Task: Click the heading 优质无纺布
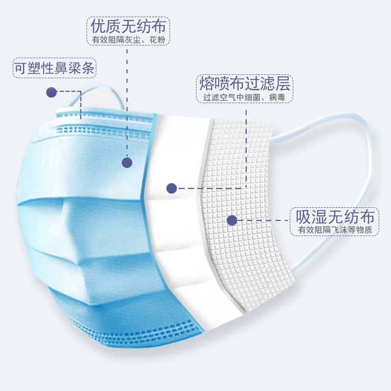tap(128, 26)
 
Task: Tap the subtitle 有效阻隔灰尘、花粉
tap(129, 40)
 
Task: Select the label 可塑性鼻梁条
tap(54, 68)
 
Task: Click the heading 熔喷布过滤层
tap(245, 83)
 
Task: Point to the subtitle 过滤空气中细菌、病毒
tap(244, 97)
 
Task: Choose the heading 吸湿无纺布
tap(335, 217)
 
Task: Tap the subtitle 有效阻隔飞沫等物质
tap(335, 230)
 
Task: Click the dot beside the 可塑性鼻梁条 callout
tap(51, 92)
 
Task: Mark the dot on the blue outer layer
tap(127, 163)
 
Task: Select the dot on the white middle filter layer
tap(172, 188)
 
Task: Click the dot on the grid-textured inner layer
tap(232, 220)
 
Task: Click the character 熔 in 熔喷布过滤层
tap(207, 83)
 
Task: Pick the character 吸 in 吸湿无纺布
tap(303, 217)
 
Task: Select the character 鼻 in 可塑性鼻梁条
tap(61, 68)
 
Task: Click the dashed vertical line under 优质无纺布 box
tap(127, 103)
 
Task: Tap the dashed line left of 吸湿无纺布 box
tap(263, 220)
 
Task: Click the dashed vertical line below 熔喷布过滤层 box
tap(246, 148)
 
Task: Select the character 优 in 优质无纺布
tap(98, 26)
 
